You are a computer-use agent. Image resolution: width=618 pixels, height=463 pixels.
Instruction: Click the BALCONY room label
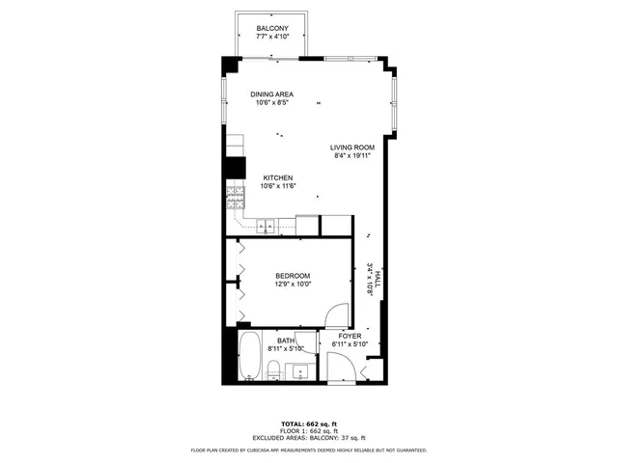tap(271, 29)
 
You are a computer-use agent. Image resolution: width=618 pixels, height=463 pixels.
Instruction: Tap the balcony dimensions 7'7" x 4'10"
tap(271, 39)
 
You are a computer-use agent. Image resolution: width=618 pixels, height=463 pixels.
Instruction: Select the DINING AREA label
tap(271, 94)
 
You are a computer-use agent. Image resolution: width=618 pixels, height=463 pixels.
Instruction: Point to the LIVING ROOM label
tap(352, 147)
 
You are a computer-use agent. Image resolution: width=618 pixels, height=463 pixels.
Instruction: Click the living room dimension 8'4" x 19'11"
tap(352, 155)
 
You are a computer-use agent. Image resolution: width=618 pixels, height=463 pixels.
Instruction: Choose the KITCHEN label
tap(278, 177)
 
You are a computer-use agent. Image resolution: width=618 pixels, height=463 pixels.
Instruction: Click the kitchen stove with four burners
tap(235, 200)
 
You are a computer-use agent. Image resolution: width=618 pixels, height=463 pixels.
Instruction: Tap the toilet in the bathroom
tap(274, 368)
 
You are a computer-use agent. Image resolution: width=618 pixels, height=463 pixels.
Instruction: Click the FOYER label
tap(350, 336)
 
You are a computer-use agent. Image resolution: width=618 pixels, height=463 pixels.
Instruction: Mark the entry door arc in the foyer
tap(339, 367)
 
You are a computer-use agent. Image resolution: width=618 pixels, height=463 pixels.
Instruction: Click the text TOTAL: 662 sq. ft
tap(309, 424)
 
